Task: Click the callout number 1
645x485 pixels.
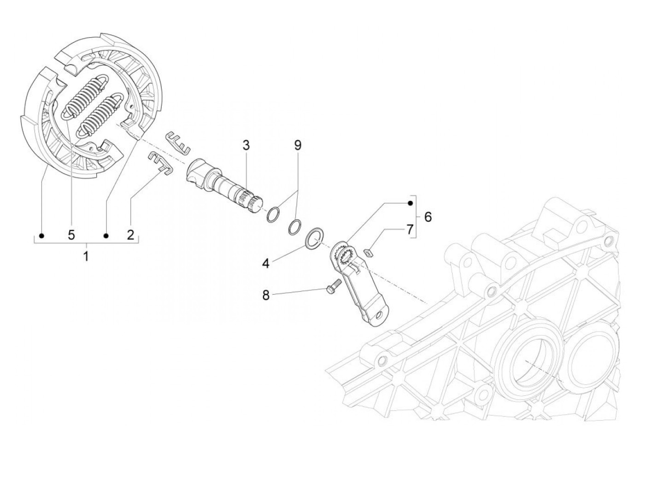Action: (x=86, y=256)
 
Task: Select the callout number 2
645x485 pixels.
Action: (x=130, y=235)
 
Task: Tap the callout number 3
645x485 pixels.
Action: (x=246, y=146)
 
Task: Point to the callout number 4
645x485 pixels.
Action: (x=266, y=263)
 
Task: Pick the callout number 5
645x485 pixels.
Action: (x=71, y=235)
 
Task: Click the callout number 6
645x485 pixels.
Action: (x=428, y=217)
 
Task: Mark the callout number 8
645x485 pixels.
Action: (x=266, y=295)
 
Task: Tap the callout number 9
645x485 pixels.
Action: (x=298, y=146)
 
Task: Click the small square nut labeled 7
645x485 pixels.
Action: (x=368, y=252)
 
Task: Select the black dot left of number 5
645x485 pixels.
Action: (x=42, y=236)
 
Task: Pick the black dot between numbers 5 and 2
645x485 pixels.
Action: (x=106, y=236)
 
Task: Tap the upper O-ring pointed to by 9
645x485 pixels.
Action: (x=273, y=215)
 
